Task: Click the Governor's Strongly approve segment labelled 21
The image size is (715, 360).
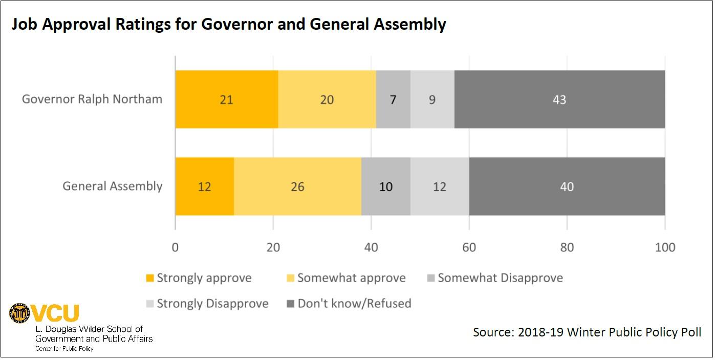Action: tap(226, 99)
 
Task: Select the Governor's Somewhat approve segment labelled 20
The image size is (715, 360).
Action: tap(327, 99)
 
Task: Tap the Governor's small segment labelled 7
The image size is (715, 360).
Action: tap(393, 99)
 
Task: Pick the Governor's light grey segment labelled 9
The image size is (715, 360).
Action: tap(432, 99)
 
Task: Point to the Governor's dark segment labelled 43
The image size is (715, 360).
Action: tap(559, 99)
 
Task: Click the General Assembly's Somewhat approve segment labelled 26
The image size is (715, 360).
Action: tap(297, 186)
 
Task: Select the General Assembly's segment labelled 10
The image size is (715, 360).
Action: tap(385, 186)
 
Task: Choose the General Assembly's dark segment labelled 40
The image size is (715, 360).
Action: tap(567, 186)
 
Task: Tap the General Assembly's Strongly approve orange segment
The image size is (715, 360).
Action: tap(205, 186)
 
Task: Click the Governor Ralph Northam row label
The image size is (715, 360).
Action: tap(92, 99)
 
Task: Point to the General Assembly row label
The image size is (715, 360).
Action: tap(113, 186)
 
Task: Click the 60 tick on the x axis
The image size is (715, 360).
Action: tap(469, 247)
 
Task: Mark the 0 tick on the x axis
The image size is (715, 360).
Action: tap(176, 247)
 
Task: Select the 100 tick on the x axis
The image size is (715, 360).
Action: tap(664, 247)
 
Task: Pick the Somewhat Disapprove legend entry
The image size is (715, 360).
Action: tap(494, 278)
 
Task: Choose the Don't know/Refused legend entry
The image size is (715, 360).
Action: tap(348, 304)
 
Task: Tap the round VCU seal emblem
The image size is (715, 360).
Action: tap(20, 313)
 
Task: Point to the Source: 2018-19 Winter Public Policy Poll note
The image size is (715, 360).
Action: tap(587, 332)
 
